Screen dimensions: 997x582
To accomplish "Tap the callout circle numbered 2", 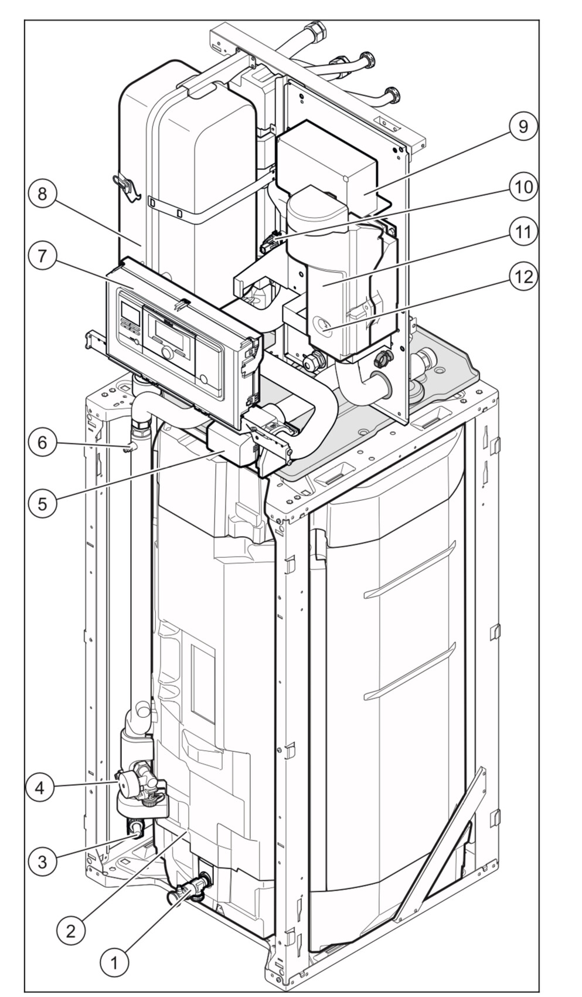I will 71,931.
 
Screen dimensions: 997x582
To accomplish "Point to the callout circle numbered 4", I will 40,788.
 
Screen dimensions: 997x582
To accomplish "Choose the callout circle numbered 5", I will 42,503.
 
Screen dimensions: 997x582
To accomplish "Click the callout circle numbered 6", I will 42,442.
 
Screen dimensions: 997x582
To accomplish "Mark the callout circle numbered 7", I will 42,257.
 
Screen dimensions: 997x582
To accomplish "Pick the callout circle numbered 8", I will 42,194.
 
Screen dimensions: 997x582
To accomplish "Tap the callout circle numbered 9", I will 523,126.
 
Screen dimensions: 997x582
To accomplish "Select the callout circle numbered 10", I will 523,187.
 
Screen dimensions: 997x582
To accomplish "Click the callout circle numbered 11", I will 523,232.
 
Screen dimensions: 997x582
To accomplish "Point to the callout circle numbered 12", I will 523,276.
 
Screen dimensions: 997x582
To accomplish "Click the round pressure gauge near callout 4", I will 125,783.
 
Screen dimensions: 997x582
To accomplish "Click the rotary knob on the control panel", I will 168,353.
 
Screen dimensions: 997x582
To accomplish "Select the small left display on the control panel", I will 130,316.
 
